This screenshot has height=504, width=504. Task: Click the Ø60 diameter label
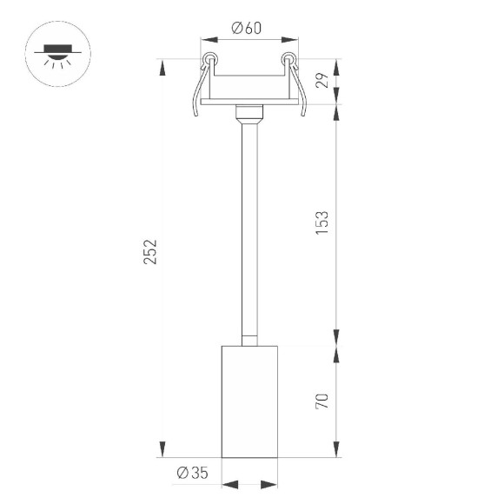247,28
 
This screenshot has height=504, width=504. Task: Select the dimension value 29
322,82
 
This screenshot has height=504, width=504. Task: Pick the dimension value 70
322,401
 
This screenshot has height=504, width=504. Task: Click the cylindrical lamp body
249,401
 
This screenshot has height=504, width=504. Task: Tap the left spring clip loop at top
209,60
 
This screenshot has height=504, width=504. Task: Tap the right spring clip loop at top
289,60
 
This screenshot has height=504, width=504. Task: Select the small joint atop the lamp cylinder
249,339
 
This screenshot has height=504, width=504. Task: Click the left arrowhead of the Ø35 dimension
228,484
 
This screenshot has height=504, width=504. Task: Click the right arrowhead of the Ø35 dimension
271,484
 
